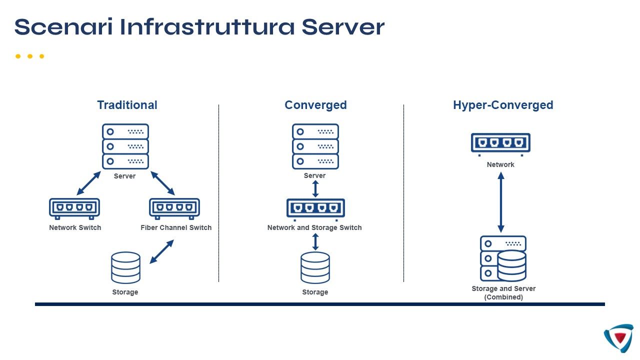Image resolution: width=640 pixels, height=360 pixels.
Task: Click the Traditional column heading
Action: (x=127, y=105)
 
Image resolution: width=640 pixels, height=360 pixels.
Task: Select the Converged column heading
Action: (x=315, y=105)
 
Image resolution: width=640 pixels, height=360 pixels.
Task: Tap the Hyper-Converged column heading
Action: (x=503, y=105)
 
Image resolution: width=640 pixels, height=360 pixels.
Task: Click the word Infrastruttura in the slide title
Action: (x=207, y=27)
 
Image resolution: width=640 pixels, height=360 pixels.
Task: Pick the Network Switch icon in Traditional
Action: (x=74, y=208)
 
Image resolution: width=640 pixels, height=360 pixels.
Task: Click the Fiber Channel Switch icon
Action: (x=174, y=208)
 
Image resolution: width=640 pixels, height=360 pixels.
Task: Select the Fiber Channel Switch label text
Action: (x=176, y=227)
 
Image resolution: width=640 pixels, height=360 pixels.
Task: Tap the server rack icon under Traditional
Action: (x=125, y=146)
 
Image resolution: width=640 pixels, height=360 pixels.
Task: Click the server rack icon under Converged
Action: (x=315, y=146)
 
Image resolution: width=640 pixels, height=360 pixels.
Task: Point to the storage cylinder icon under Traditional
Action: (x=125, y=267)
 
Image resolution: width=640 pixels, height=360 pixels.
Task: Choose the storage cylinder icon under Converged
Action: (x=315, y=267)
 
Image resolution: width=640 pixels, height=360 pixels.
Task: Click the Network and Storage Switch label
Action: (x=314, y=227)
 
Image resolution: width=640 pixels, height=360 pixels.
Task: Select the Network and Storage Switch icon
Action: (x=315, y=208)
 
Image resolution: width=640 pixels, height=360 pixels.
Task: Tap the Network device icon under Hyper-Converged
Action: (x=500, y=143)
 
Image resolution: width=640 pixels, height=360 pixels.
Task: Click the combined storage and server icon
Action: (x=503, y=258)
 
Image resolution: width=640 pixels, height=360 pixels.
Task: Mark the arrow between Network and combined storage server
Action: (x=501, y=202)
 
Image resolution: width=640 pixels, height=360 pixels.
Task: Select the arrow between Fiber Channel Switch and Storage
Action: (x=161, y=251)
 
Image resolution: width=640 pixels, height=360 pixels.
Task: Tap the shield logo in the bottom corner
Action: (x=619, y=338)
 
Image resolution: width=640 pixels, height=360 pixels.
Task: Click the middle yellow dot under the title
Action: (x=30, y=56)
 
